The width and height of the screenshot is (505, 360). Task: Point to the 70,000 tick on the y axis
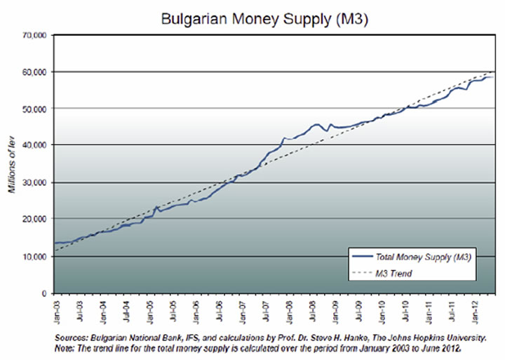pos(35,34)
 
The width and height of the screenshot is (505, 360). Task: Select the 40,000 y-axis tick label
pos(35,145)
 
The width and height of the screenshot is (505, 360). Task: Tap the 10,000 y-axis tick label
pos(35,257)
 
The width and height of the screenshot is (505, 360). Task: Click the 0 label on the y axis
pos(44,293)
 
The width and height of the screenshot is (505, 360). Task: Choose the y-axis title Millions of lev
pos(12,164)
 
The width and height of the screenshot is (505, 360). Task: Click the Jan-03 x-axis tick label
pos(58,310)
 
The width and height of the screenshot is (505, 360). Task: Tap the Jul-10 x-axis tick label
pos(404,310)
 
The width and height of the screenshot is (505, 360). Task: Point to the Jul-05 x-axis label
pos(173,310)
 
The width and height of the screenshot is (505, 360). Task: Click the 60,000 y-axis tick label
pos(35,72)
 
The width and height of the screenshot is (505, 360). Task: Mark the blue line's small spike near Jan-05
pos(155,207)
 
